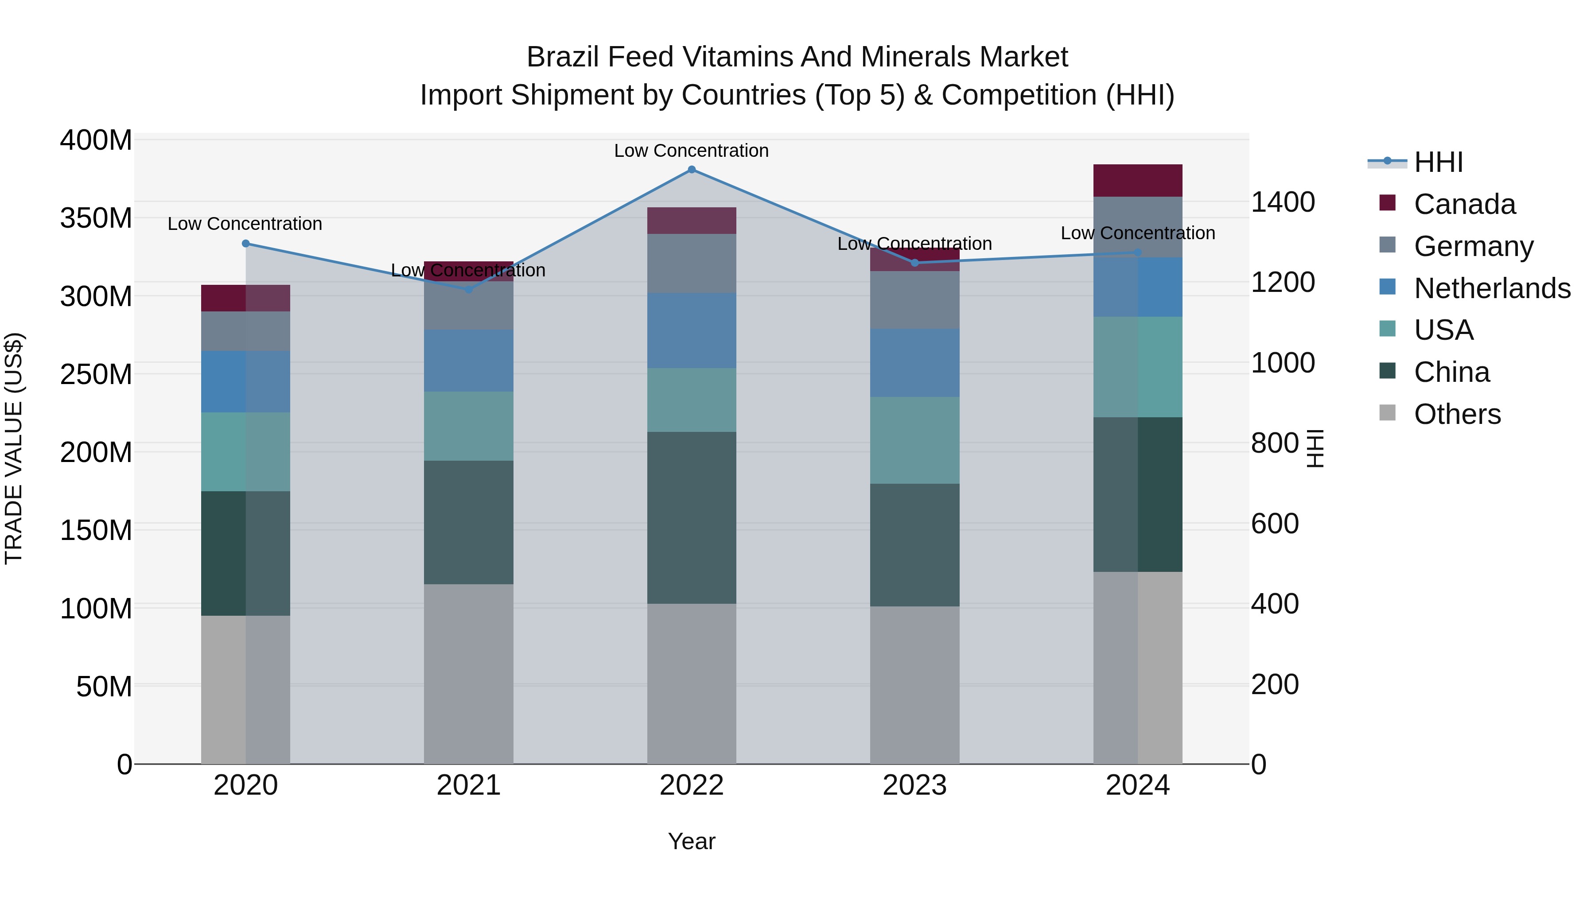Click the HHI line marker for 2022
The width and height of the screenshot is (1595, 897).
point(692,170)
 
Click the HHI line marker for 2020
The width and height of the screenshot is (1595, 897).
point(246,243)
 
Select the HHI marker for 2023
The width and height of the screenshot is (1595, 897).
point(914,263)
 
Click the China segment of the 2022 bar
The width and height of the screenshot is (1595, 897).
point(692,517)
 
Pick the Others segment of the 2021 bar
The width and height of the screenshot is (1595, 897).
point(469,673)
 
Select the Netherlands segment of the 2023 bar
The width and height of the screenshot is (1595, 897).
point(914,363)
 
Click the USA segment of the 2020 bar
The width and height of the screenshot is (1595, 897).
point(246,452)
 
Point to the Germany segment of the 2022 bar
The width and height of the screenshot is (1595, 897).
point(692,263)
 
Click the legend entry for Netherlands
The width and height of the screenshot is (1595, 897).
point(1492,288)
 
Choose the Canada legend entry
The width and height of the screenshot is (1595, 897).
point(1464,204)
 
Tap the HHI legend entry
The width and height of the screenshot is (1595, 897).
point(1438,162)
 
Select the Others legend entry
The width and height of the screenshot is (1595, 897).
point(1457,414)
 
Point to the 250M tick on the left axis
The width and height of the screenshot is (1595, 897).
point(96,374)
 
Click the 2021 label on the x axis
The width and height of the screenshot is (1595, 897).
point(469,785)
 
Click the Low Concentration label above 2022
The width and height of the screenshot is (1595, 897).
point(691,151)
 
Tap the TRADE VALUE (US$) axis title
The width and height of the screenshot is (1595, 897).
point(14,448)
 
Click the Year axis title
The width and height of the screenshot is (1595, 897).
point(692,841)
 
